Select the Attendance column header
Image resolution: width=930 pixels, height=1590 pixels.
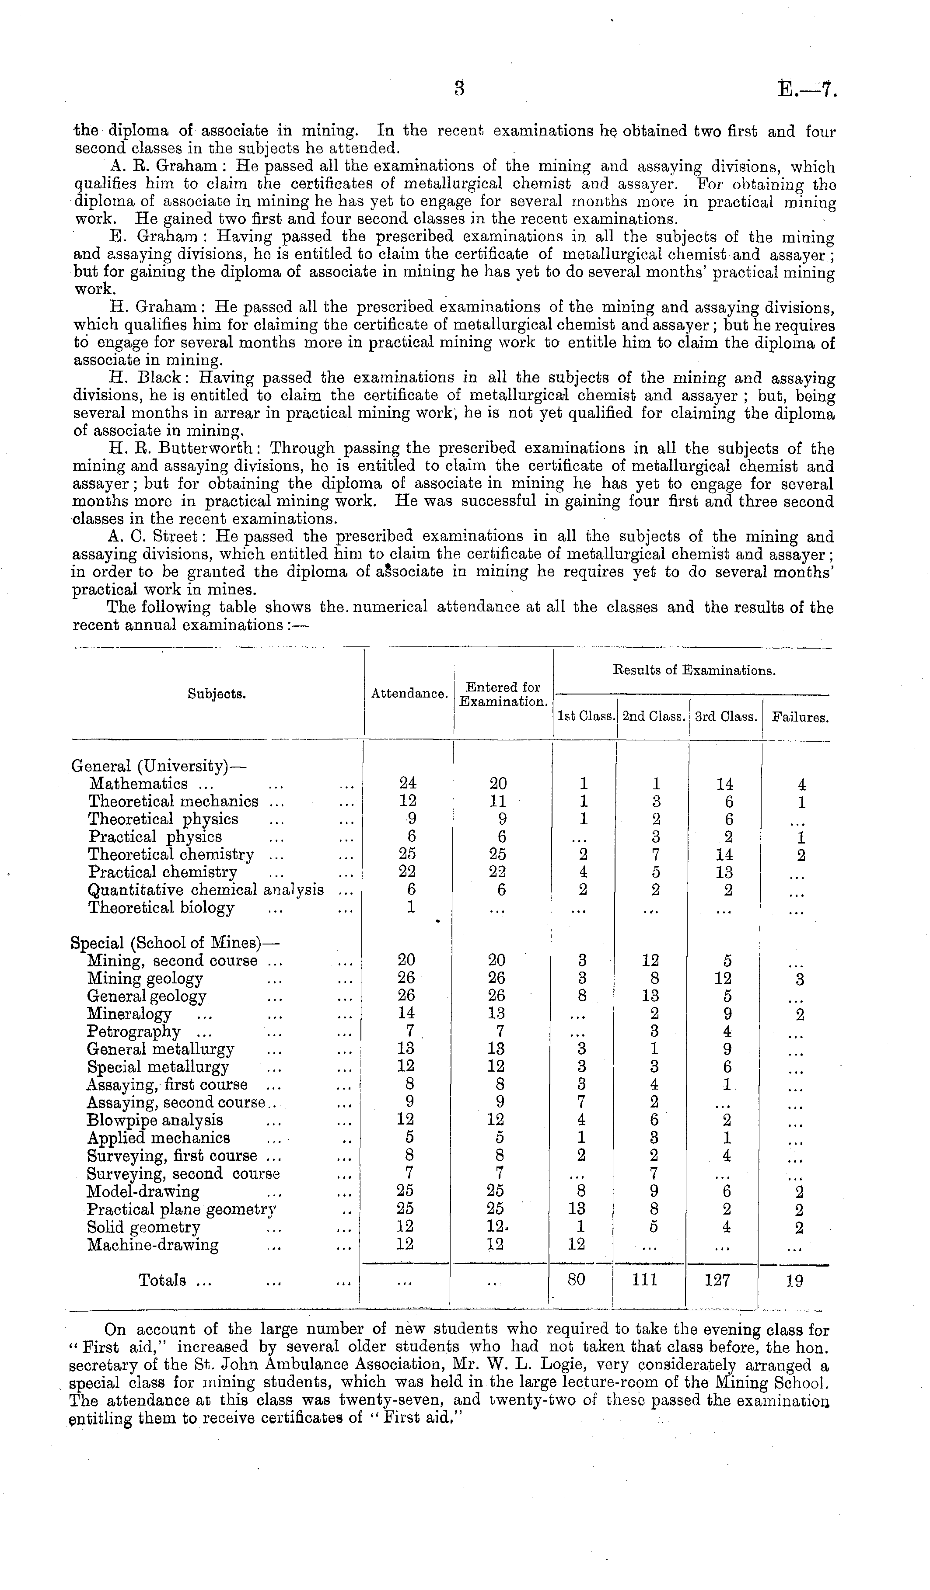coord(409,694)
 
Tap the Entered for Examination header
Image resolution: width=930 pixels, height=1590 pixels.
coord(503,694)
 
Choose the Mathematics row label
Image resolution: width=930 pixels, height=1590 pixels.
coord(139,784)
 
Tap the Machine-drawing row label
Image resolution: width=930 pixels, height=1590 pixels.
coord(153,1245)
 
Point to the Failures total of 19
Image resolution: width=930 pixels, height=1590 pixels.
coord(795,1281)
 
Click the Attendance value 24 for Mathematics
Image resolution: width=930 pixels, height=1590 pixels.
coord(408,784)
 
